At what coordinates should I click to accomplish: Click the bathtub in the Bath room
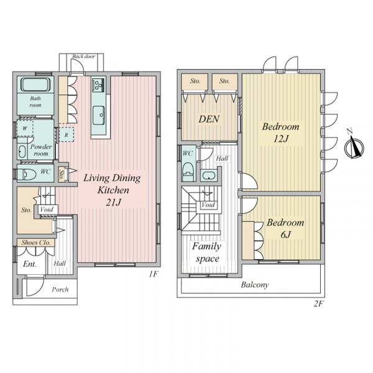click(x=35, y=84)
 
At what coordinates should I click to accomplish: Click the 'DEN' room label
click(x=209, y=119)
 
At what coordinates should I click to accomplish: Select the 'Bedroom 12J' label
click(x=281, y=132)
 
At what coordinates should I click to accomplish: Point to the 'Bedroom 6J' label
click(x=285, y=228)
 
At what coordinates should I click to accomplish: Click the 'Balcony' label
click(x=255, y=285)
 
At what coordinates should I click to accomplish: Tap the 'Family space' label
click(x=207, y=252)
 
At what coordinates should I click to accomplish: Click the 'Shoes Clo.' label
click(x=36, y=242)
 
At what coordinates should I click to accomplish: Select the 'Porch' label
click(x=60, y=290)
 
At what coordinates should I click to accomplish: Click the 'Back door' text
click(x=83, y=57)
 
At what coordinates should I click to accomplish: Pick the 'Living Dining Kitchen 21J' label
click(x=112, y=190)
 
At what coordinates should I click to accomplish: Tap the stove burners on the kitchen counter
click(x=98, y=85)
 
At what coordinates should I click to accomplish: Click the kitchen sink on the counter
click(x=98, y=116)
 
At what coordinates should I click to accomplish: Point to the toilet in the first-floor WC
click(x=27, y=174)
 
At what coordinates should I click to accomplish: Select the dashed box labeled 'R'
click(x=66, y=135)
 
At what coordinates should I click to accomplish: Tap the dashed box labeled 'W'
click(x=25, y=128)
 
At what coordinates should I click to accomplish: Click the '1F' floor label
click(x=154, y=274)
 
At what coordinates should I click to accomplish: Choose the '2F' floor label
click(x=318, y=304)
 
